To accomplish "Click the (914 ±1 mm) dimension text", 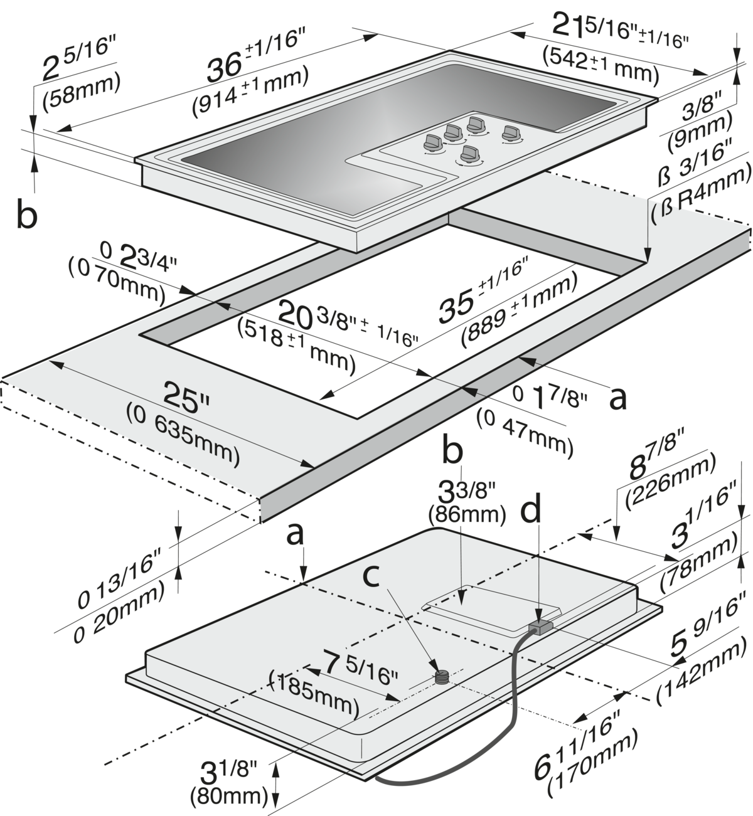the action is [x=250, y=90].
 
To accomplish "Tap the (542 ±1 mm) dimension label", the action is [x=601, y=66].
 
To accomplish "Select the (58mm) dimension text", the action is [x=82, y=92].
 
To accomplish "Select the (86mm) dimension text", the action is [x=467, y=514].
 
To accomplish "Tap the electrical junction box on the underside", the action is [x=540, y=627].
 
